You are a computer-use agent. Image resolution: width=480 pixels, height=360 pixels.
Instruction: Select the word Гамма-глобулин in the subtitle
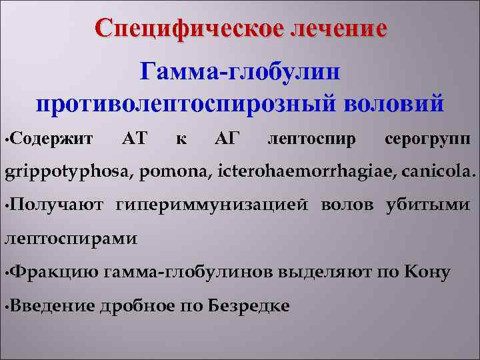(240, 70)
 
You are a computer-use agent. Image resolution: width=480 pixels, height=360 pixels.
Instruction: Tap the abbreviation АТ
(137, 139)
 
